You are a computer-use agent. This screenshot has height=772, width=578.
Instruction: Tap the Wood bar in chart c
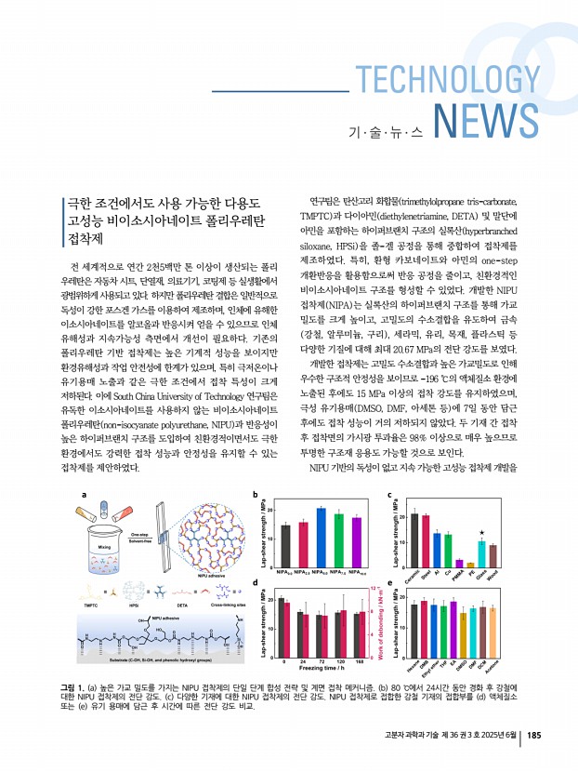tap(493, 555)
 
